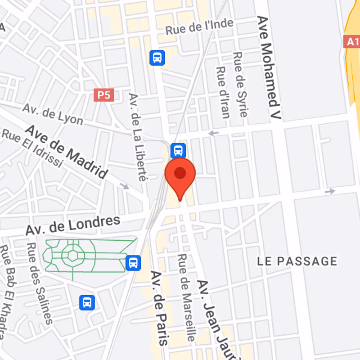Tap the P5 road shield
click(103, 95)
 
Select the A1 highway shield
click(352, 42)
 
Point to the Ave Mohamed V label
click(269, 67)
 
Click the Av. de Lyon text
click(53, 114)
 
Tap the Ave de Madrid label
click(67, 151)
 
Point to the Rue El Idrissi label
click(31, 148)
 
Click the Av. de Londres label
click(73, 225)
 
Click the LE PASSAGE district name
click(297, 261)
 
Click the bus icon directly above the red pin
click(178, 150)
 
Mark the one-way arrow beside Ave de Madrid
click(124, 186)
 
